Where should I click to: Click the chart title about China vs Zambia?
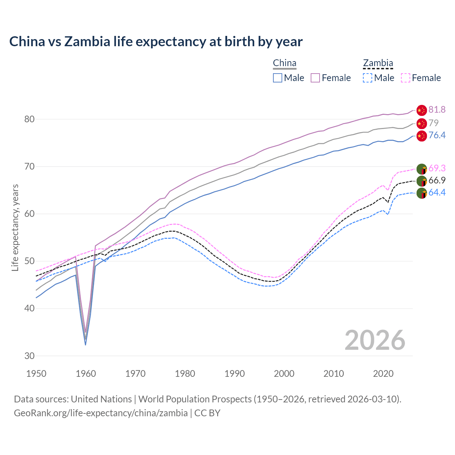click(x=156, y=42)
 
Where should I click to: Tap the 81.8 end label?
click(x=437, y=110)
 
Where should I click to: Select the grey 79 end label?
click(x=433, y=123)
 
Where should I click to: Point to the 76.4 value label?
click(x=437, y=135)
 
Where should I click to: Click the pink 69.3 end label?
click(x=437, y=168)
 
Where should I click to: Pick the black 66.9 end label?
click(x=437, y=181)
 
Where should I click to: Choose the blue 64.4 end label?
click(x=437, y=193)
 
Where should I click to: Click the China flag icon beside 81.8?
click(x=422, y=110)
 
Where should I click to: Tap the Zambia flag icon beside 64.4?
click(x=422, y=194)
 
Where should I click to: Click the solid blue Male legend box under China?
click(x=278, y=78)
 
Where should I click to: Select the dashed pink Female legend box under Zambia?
click(x=406, y=78)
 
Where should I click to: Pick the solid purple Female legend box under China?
click(x=315, y=78)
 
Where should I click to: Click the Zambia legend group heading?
click(x=378, y=63)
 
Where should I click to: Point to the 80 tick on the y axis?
click(x=30, y=119)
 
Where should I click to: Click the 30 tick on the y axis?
click(x=30, y=356)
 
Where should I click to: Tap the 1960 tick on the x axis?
click(x=86, y=374)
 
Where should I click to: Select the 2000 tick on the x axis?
click(x=284, y=374)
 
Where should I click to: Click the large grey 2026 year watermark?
click(x=375, y=340)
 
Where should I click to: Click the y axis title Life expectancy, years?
click(x=15, y=227)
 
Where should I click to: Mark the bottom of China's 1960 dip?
click(x=85, y=344)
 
